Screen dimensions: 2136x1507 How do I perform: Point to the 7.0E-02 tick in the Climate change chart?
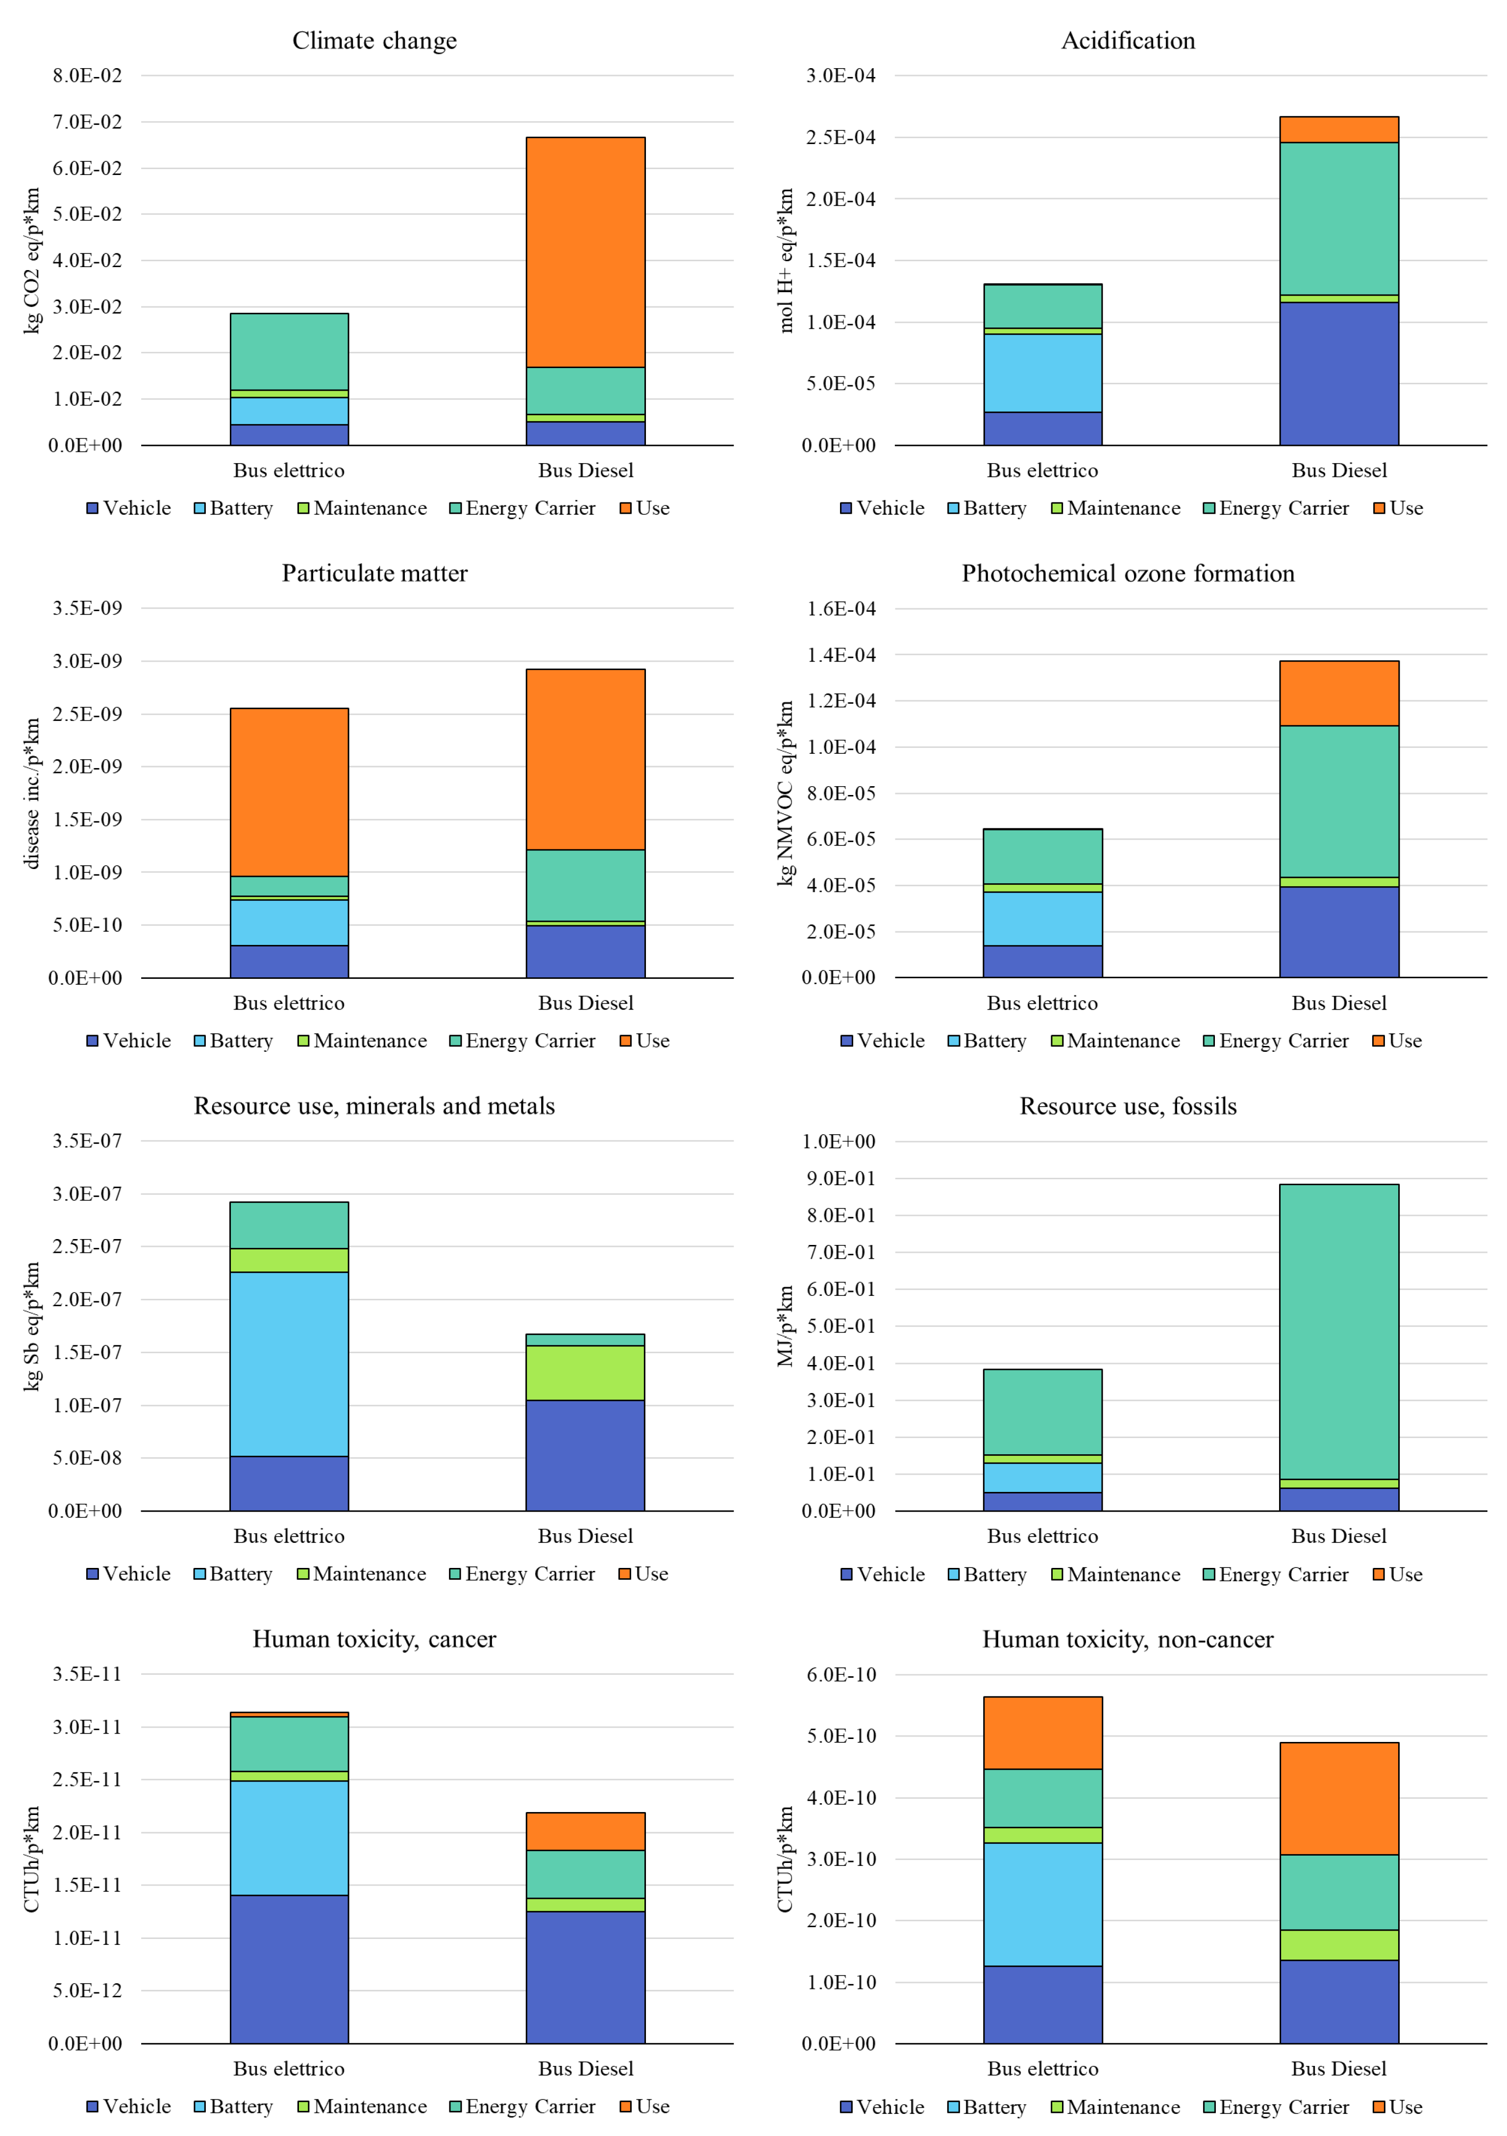pyautogui.click(x=87, y=122)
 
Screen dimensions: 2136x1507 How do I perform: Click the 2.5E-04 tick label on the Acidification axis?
pyautogui.click(x=840, y=138)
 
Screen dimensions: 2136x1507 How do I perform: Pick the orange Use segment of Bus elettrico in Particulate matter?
pyautogui.click(x=289, y=792)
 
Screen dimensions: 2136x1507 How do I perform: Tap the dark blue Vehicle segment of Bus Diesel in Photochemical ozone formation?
pyautogui.click(x=1338, y=931)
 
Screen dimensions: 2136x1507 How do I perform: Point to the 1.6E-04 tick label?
pyautogui.click(x=840, y=608)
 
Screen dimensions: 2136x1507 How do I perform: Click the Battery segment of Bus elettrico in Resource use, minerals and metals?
pyautogui.click(x=289, y=1364)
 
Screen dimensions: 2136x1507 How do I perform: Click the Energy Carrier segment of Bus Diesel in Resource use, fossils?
pyautogui.click(x=1338, y=1330)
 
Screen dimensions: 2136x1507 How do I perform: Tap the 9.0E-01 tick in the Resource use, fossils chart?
pyautogui.click(x=840, y=1179)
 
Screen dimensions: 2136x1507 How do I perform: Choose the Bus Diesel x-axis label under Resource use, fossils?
pyautogui.click(x=1338, y=1536)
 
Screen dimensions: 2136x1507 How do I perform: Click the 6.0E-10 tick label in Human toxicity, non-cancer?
pyautogui.click(x=840, y=1675)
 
